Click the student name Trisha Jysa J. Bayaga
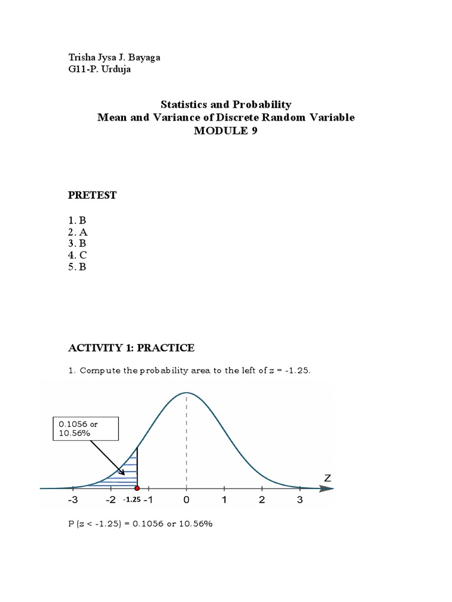[114, 58]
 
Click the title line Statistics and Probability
[226, 105]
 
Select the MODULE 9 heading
[226, 131]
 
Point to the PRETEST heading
[92, 196]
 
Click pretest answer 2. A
[78, 232]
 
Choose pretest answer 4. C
[78, 255]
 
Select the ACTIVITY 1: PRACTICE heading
[131, 348]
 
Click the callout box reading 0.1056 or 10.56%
[85, 429]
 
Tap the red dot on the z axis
[137, 488]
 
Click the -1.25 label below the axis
[131, 500]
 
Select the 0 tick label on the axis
[187, 501]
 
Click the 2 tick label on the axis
[262, 501]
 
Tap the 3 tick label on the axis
[300, 501]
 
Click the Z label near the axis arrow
[328, 479]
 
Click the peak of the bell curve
[187, 393]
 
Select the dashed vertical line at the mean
[187, 441]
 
